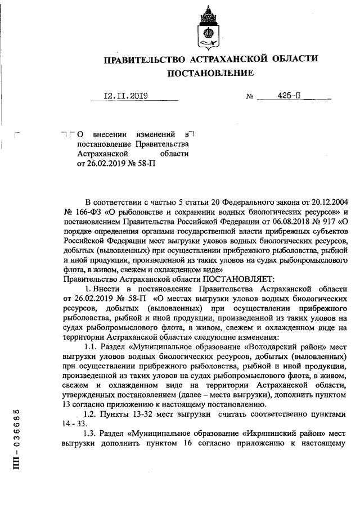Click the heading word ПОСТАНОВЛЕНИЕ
[210, 73]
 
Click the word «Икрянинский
[254, 435]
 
